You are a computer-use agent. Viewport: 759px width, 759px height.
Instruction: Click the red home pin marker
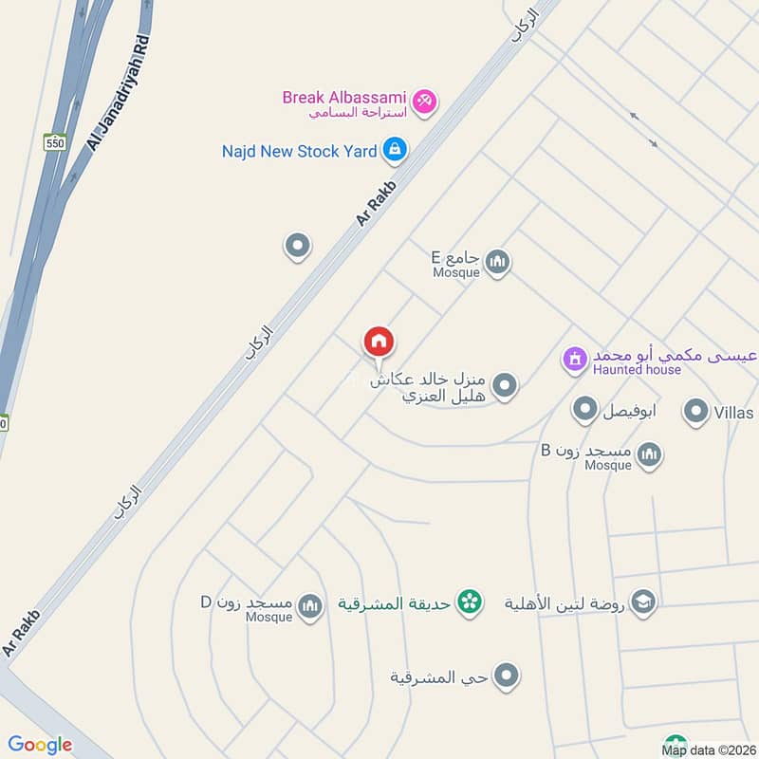pyautogui.click(x=379, y=342)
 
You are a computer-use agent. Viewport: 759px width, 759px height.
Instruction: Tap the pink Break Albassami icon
pyautogui.click(x=424, y=100)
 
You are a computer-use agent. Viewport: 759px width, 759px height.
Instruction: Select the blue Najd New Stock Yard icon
pyautogui.click(x=396, y=150)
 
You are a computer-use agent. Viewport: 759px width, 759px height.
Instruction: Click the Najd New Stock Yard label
pyautogui.click(x=299, y=151)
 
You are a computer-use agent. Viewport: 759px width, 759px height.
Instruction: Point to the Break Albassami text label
pyautogui.click(x=344, y=97)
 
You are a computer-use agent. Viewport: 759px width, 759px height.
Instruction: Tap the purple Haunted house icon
pyautogui.click(x=573, y=359)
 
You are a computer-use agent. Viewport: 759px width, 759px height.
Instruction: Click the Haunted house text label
pyautogui.click(x=637, y=370)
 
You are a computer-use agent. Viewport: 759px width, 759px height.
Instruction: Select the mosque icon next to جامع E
pyautogui.click(x=497, y=261)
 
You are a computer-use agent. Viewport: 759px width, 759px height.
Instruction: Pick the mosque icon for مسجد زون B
pyautogui.click(x=649, y=455)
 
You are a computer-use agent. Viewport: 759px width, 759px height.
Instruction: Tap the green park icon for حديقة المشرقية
pyautogui.click(x=467, y=602)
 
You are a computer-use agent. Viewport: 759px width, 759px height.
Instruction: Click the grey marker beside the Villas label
pyautogui.click(x=697, y=412)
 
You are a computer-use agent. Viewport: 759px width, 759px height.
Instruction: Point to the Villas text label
pyautogui.click(x=735, y=413)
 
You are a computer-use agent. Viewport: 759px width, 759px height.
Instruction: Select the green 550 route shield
pyautogui.click(x=55, y=141)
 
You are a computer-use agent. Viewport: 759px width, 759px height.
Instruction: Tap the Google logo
pyautogui.click(x=40, y=745)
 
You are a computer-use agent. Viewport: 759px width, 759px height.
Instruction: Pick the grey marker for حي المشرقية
pyautogui.click(x=507, y=676)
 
